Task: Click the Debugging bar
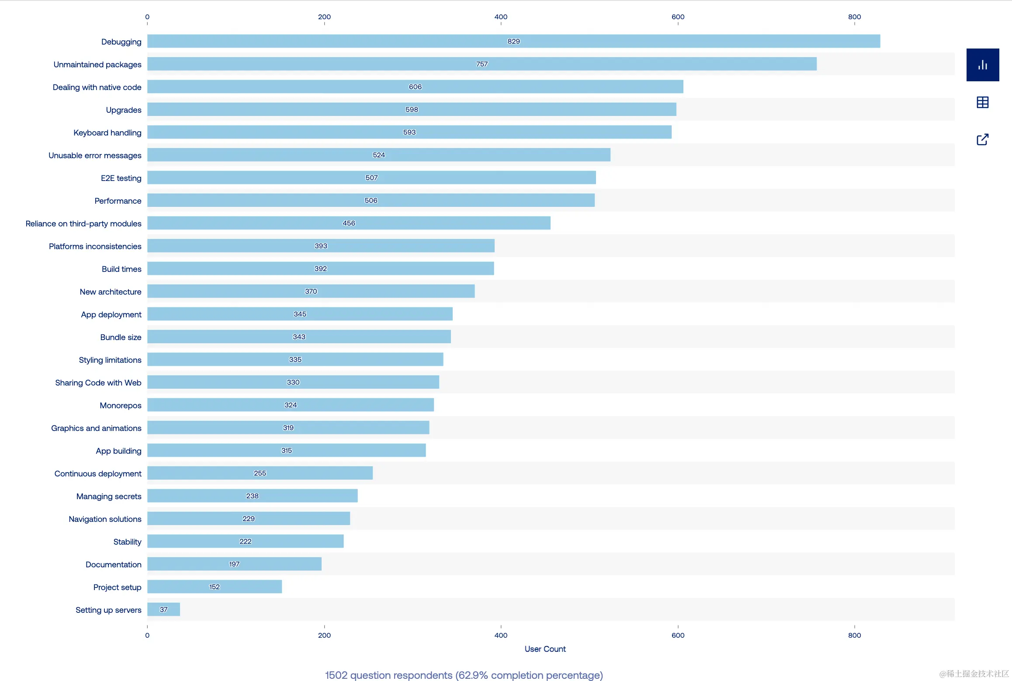click(x=513, y=41)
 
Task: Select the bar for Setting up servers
click(x=163, y=609)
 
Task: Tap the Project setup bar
click(x=214, y=587)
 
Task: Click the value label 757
click(x=482, y=64)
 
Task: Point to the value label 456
click(x=349, y=223)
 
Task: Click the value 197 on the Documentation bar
click(x=234, y=564)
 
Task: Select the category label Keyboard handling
click(x=107, y=132)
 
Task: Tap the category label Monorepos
click(x=120, y=405)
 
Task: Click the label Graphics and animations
click(x=96, y=428)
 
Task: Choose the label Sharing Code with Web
click(x=98, y=382)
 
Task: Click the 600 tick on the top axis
click(x=678, y=17)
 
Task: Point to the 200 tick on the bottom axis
click(x=324, y=635)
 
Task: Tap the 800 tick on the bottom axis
click(x=854, y=635)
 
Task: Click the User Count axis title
click(x=545, y=649)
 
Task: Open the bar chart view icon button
click(x=982, y=65)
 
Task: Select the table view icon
click(x=982, y=102)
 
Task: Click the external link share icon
click(x=982, y=139)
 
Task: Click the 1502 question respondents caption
click(x=464, y=675)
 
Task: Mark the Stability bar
click(x=245, y=541)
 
